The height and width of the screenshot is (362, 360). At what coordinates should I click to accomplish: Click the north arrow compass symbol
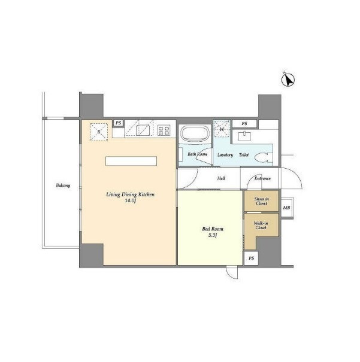point(288,80)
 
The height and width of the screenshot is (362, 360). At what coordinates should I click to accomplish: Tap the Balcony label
point(63,185)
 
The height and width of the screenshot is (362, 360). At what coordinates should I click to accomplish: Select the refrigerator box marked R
point(99,132)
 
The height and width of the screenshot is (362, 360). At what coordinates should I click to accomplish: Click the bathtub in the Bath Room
point(195,134)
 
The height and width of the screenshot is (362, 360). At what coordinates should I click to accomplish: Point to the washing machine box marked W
point(222,129)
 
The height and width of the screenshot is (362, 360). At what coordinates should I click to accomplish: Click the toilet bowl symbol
point(262,157)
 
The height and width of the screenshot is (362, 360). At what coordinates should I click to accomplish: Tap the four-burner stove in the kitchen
point(164,130)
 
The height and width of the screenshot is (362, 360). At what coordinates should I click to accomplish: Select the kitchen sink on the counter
point(143,130)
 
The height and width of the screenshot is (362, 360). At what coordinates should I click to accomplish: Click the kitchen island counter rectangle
point(131,161)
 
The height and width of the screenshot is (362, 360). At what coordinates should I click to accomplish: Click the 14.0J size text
point(130,200)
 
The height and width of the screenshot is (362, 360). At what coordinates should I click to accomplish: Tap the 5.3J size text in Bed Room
point(213,235)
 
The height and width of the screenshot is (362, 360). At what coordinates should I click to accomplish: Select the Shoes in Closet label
point(262,201)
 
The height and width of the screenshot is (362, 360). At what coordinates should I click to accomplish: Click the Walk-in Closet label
point(261,226)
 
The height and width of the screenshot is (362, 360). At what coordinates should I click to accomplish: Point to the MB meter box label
point(286,208)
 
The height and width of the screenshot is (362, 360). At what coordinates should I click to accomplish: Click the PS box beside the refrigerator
point(119,123)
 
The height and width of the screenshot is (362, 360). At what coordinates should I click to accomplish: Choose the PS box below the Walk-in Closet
point(252,258)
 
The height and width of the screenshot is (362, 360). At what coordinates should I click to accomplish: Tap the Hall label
point(221,178)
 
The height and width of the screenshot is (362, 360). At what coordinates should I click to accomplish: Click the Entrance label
point(262,178)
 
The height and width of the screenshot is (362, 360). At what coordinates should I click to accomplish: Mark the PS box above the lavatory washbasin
point(244,123)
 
